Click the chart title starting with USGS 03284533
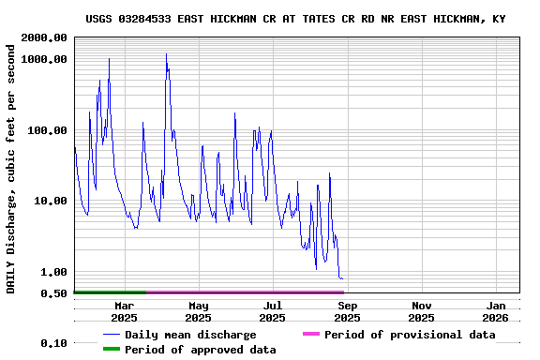(x=295, y=19)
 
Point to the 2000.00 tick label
(x=45, y=37)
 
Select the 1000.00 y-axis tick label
(x=45, y=59)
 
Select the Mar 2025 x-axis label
(x=124, y=311)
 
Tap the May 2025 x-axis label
(x=198, y=311)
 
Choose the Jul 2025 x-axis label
(x=272, y=311)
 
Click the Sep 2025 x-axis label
(x=347, y=311)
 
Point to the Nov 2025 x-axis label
(x=422, y=311)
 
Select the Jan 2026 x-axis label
(x=496, y=311)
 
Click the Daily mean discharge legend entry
(x=190, y=335)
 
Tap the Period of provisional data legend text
(x=410, y=335)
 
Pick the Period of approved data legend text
(x=200, y=350)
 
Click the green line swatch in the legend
(x=112, y=350)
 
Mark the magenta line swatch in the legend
(x=310, y=335)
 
